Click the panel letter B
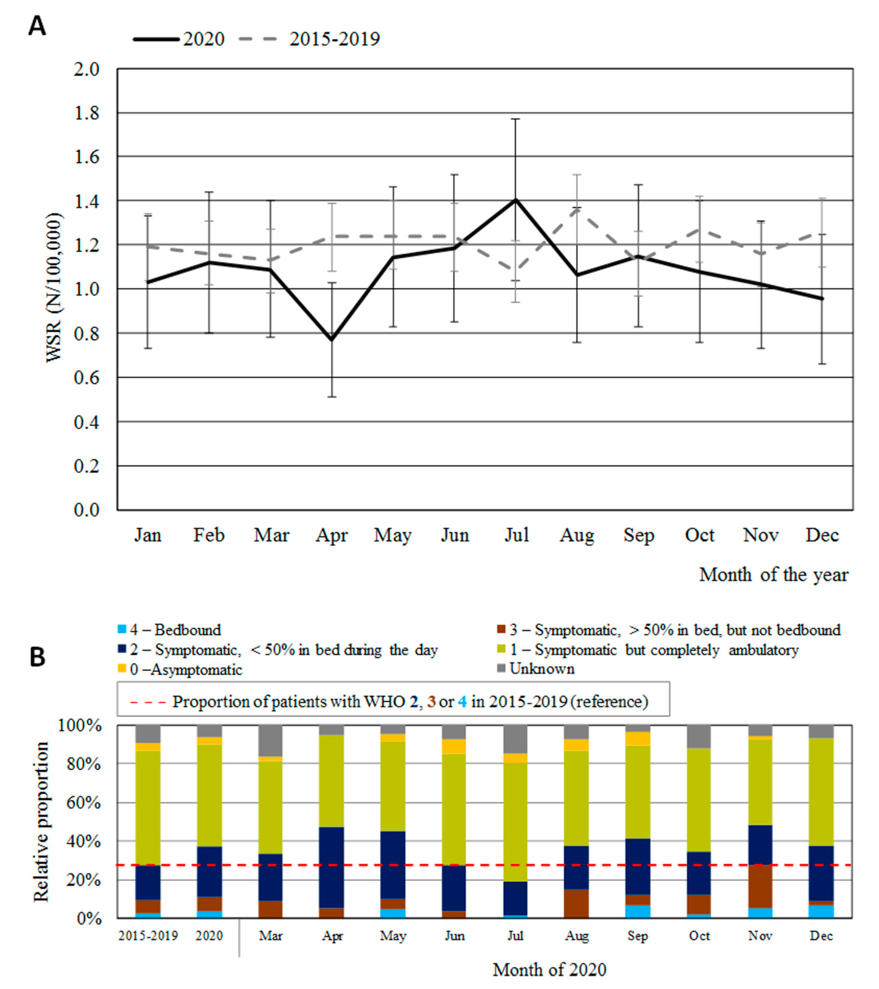(x=37, y=658)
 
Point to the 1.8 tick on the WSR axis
(x=86, y=113)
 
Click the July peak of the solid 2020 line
(x=516, y=200)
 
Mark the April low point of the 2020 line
(x=332, y=340)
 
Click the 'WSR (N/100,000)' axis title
(x=55, y=288)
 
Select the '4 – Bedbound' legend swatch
(x=122, y=630)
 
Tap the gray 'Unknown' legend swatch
(x=502, y=669)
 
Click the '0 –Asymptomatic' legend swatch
(x=122, y=669)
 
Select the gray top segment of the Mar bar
(x=271, y=740)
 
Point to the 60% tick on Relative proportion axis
(x=80, y=803)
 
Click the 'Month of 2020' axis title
(x=549, y=970)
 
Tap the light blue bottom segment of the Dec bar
(x=821, y=911)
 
